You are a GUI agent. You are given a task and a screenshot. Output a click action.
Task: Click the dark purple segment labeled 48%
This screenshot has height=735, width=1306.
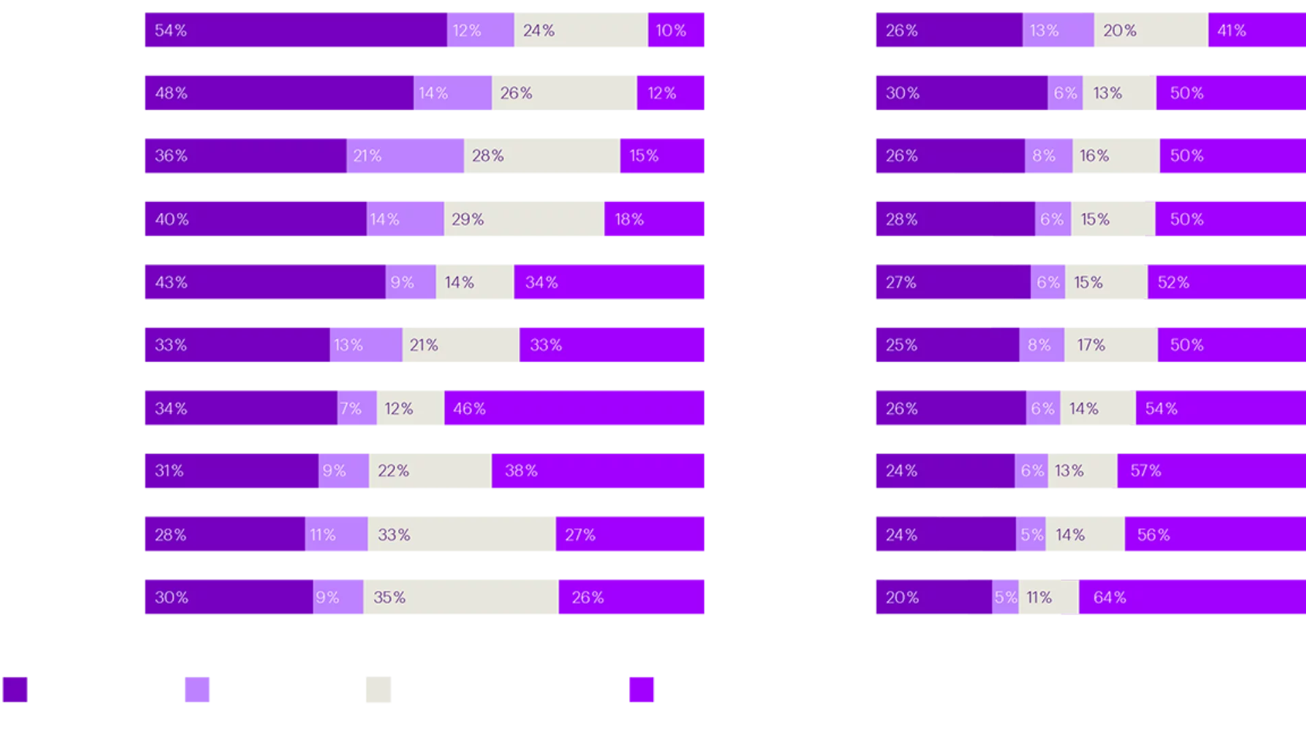pos(278,93)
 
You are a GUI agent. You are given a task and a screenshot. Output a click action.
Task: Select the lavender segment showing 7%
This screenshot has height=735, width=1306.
pos(357,408)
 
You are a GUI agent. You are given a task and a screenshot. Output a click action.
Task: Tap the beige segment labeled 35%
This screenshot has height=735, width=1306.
pos(461,597)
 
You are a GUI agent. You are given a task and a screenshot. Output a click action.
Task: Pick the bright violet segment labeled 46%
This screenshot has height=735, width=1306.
pos(575,408)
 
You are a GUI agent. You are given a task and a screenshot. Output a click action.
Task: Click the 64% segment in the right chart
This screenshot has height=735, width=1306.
pos(1192,597)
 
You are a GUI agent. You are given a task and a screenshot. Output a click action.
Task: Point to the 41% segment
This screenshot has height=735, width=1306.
pos(1256,30)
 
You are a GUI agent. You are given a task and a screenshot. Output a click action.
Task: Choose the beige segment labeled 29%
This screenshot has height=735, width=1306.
pos(524,219)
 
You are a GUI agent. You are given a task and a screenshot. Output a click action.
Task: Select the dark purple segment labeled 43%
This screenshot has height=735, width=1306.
pos(264,282)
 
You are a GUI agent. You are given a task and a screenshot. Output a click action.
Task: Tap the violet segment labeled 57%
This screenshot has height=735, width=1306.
pos(1211,471)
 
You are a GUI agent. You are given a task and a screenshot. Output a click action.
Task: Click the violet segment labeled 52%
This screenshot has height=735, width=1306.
pos(1226,282)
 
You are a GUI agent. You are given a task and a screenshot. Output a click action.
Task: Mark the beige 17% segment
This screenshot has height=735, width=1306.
pos(1111,344)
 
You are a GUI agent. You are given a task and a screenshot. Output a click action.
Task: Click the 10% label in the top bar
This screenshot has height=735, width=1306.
pos(671,31)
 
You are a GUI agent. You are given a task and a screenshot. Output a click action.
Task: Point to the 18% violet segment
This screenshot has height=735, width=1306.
pos(654,219)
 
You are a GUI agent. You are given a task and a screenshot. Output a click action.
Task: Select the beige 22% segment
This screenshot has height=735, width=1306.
pos(430,471)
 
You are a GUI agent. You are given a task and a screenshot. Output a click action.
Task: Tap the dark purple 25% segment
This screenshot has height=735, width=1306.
pos(946,344)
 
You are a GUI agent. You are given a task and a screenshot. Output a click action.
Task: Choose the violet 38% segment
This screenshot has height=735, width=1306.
pos(599,471)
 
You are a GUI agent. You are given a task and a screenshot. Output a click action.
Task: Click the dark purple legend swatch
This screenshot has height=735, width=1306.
pos(15,689)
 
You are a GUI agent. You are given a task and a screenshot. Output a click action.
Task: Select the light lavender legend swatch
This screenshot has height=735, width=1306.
pos(197,689)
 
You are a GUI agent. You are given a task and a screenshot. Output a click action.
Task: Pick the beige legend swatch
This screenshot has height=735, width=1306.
pos(378,689)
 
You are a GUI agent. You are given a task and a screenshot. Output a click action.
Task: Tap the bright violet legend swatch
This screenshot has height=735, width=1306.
pos(641,689)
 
